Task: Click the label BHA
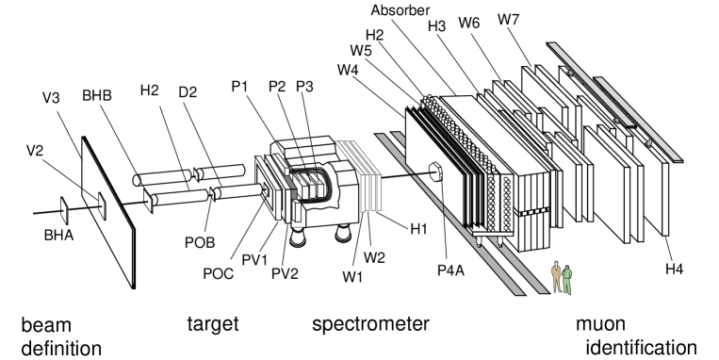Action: click(58, 236)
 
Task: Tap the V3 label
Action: click(51, 98)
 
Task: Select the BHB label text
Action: click(97, 95)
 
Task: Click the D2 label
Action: click(188, 91)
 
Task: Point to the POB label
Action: click(200, 242)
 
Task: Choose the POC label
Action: click(219, 274)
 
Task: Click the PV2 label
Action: click(285, 274)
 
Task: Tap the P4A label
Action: click(450, 270)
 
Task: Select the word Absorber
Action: click(400, 10)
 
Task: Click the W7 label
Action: click(509, 20)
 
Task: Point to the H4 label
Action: click(675, 270)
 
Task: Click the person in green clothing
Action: click(567, 280)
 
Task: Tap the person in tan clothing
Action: click(557, 277)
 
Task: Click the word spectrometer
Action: click(370, 324)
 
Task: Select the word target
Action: click(213, 324)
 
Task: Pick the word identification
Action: click(642, 348)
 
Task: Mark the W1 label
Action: click(352, 277)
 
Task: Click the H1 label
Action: click(418, 228)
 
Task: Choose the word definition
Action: click(61, 349)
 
